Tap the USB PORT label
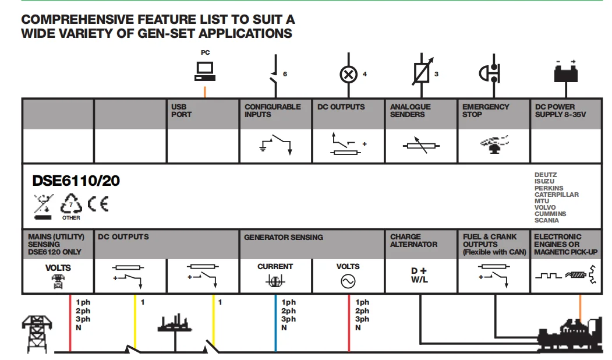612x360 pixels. [x=181, y=111]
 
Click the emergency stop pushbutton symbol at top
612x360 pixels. [x=491, y=73]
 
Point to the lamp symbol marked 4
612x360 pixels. [x=348, y=74]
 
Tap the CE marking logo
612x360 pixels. [x=98, y=204]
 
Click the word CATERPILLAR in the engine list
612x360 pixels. [x=557, y=195]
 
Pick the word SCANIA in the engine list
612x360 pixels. [x=547, y=220]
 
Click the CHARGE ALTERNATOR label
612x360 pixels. [x=413, y=241]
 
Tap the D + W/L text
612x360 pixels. [x=419, y=276]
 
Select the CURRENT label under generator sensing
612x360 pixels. [x=275, y=267]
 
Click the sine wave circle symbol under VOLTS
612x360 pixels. [x=348, y=281]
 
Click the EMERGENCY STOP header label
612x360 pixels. [x=486, y=111]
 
